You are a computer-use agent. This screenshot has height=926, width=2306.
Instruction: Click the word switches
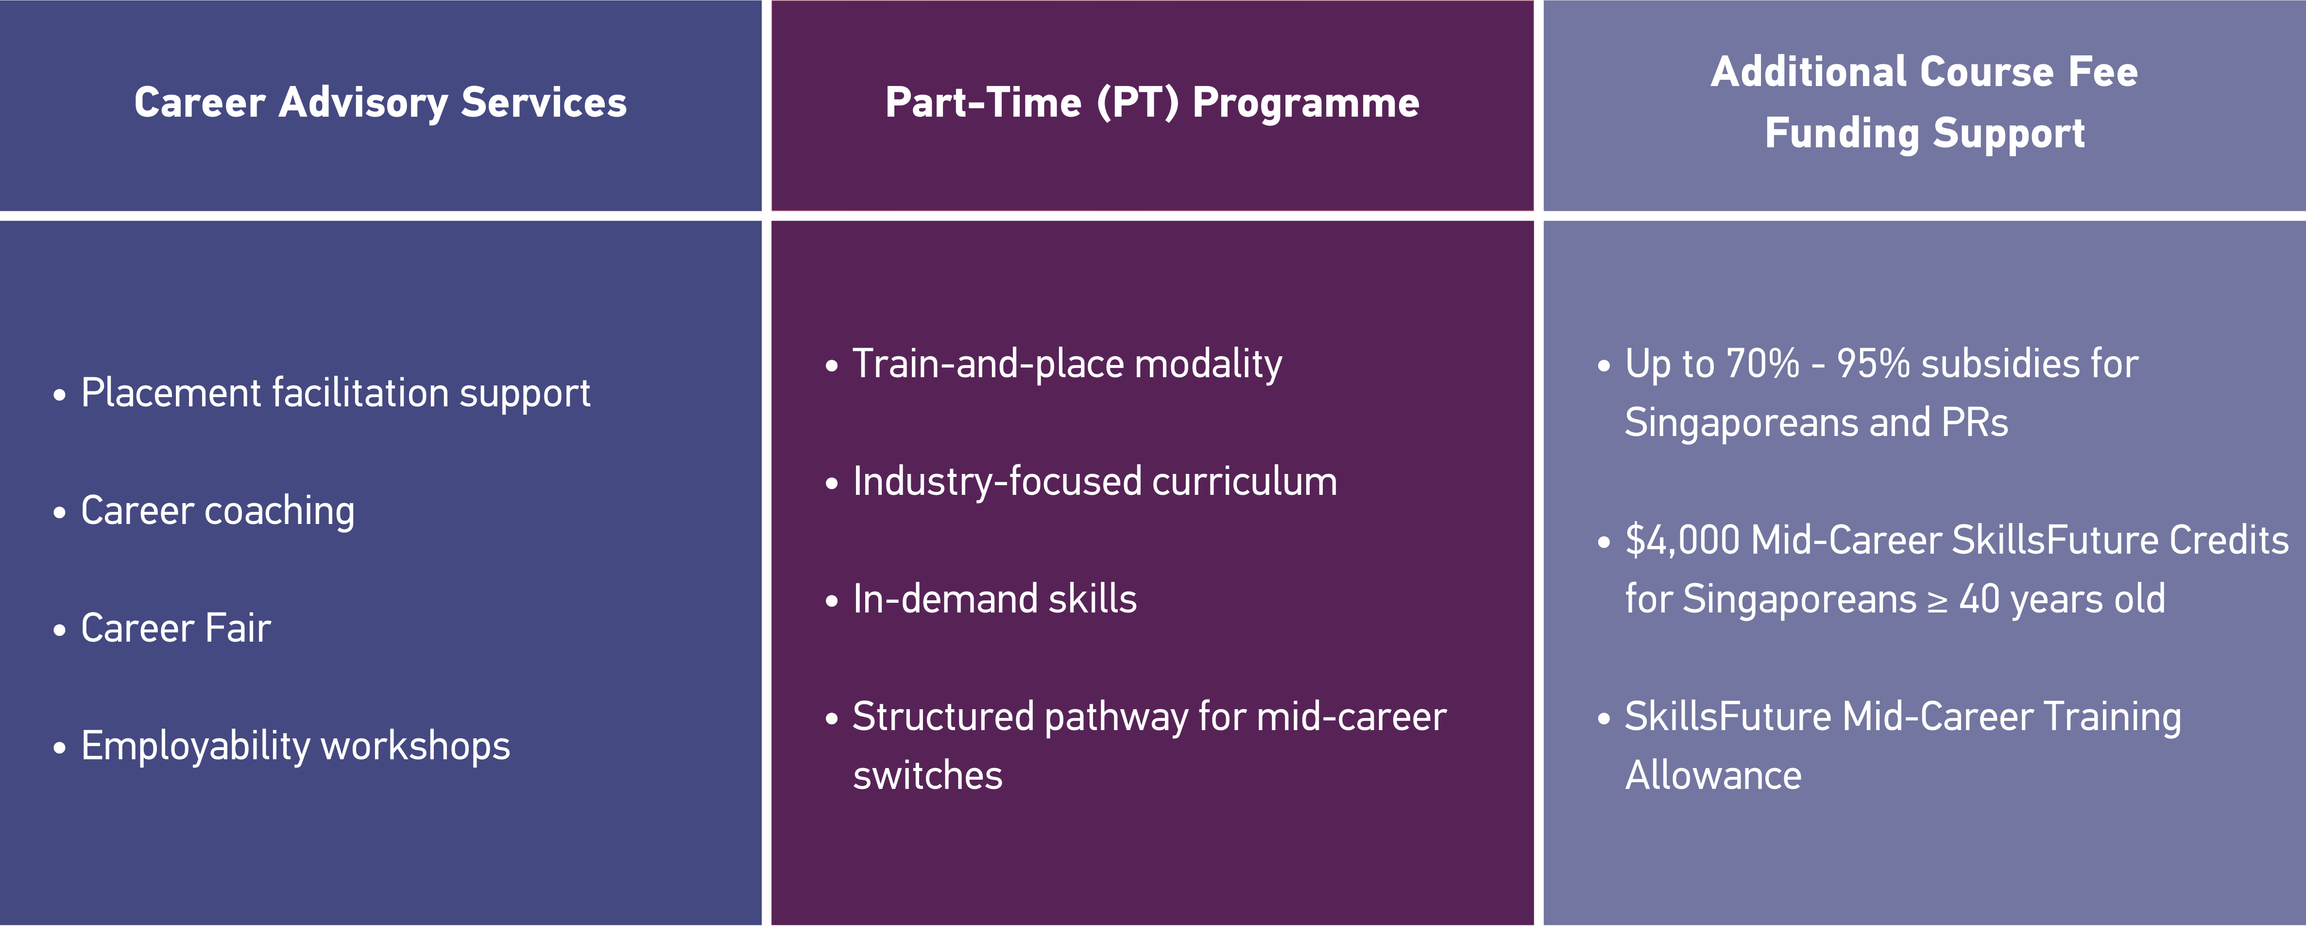pyautogui.click(x=927, y=775)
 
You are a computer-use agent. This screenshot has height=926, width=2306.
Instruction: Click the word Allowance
pyautogui.click(x=1713, y=775)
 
